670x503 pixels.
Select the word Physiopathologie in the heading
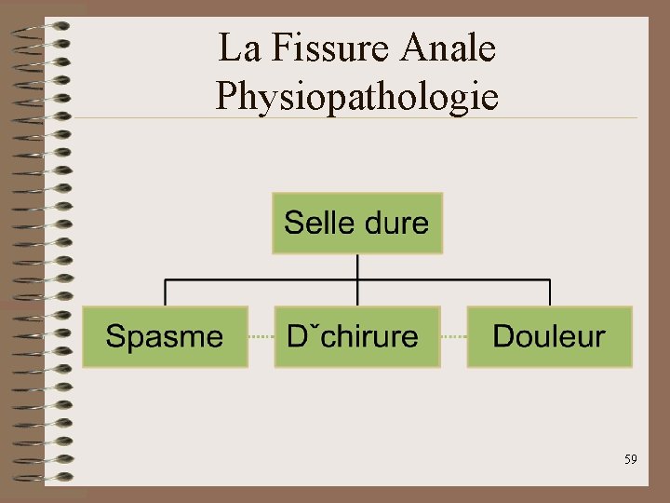point(356,94)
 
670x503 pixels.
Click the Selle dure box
point(357,224)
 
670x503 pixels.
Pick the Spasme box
point(166,336)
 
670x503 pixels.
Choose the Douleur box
point(549,336)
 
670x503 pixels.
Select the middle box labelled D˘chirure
point(357,336)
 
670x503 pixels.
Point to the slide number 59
point(630,459)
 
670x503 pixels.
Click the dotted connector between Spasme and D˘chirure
point(261,336)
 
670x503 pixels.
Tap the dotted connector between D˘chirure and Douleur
point(453,336)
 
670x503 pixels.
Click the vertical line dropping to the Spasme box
point(166,292)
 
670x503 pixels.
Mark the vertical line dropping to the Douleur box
point(550,292)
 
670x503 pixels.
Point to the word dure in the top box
point(397,224)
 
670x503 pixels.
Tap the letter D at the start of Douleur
point(502,336)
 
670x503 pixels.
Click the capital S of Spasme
point(115,336)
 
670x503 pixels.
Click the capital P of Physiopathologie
point(225,94)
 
